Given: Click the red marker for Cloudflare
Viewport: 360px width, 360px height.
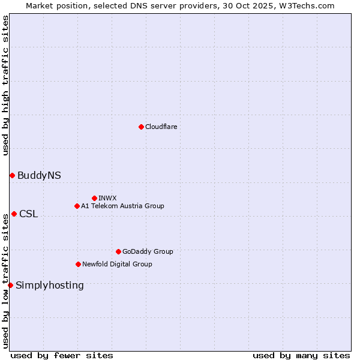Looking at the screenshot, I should coord(141,127).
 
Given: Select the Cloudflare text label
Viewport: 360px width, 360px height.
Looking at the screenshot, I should coord(161,127).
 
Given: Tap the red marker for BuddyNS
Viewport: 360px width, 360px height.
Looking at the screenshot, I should coord(12,175).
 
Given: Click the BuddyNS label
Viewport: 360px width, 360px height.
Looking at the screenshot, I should coord(39,176).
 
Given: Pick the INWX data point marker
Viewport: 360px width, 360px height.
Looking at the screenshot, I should coord(94,198).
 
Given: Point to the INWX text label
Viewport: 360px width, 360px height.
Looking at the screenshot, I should coord(107,198).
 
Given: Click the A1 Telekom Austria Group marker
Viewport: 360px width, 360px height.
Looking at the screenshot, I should coord(77,206).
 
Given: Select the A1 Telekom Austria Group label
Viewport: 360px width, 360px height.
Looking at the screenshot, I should coord(122,206).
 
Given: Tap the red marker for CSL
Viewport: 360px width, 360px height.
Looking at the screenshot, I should coord(14,214).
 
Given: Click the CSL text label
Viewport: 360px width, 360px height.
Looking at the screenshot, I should coord(28,214).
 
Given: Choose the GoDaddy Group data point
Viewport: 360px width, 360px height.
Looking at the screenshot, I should coord(118,251).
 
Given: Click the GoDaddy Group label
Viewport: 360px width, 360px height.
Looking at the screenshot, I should coord(148,251).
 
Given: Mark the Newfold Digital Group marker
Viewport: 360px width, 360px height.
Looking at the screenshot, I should coord(78,264).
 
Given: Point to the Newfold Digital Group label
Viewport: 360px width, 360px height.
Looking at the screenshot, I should coord(117,264).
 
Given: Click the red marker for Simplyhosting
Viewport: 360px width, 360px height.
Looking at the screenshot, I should coord(10,285).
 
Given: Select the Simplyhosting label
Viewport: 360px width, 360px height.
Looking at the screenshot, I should coord(50,286).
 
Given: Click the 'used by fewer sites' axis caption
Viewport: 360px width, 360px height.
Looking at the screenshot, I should coord(62,355).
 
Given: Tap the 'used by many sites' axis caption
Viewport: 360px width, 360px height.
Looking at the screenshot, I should coord(301,355).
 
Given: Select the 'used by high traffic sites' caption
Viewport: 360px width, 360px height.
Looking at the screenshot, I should coord(5,86).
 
